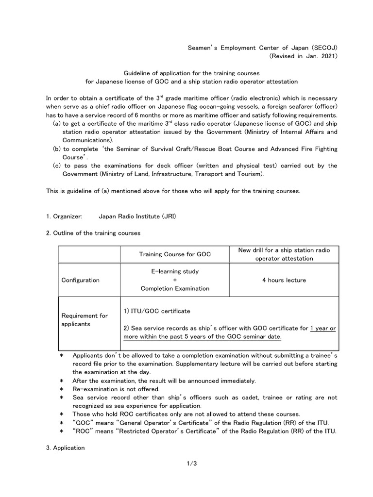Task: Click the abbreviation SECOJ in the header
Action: tap(322, 48)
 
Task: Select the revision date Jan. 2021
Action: tap(322, 56)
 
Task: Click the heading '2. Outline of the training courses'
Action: tap(93, 233)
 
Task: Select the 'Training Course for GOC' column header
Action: tap(175, 254)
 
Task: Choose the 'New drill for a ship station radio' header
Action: tap(284, 250)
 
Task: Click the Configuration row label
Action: tap(80, 280)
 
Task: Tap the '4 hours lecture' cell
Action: tap(284, 280)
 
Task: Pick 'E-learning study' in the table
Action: tap(175, 271)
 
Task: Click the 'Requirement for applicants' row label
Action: tap(84, 320)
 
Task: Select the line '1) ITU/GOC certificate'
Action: tap(157, 311)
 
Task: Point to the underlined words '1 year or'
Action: tap(323, 328)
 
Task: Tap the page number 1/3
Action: tap(191, 464)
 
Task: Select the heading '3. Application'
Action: tap(66, 447)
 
